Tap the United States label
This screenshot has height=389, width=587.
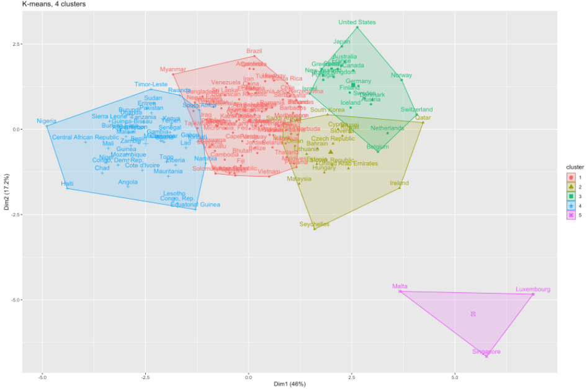tap(357, 22)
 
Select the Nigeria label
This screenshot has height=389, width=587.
tap(47, 121)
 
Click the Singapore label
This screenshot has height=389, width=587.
tap(486, 352)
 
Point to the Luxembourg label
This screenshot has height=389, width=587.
tap(532, 289)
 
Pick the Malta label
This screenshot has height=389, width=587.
tap(400, 286)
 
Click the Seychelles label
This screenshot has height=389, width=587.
tap(314, 224)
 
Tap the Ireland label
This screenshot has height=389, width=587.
tap(399, 183)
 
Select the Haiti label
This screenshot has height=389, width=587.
tap(67, 184)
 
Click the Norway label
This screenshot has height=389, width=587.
tap(401, 76)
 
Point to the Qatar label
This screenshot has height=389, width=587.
tap(423, 118)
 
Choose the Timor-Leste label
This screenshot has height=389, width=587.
tap(151, 84)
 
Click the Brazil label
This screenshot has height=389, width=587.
tap(254, 51)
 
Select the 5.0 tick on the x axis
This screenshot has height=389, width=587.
tap(455, 376)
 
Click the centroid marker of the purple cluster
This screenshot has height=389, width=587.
tap(473, 314)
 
